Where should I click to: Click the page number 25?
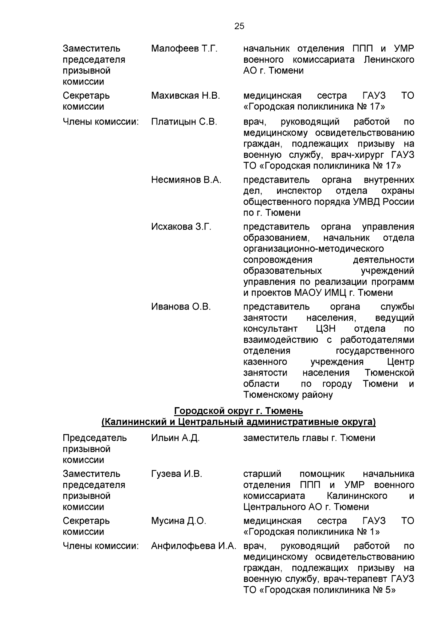[x=239, y=26]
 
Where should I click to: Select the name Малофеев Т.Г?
[x=184, y=48]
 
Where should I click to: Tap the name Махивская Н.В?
[x=185, y=96]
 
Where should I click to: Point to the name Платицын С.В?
[x=184, y=122]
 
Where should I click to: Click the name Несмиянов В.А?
[x=186, y=180]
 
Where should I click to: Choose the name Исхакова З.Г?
[x=181, y=227]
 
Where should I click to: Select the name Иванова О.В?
[x=181, y=307]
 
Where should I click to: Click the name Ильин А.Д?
[x=175, y=438]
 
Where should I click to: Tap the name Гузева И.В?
[x=177, y=474]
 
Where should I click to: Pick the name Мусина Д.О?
[x=178, y=521]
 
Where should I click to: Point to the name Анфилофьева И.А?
[x=194, y=546]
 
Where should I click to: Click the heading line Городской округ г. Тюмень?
[x=239, y=411]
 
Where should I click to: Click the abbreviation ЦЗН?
[x=326, y=329]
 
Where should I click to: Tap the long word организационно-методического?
[x=313, y=249]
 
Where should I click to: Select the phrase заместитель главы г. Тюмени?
[x=309, y=438]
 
